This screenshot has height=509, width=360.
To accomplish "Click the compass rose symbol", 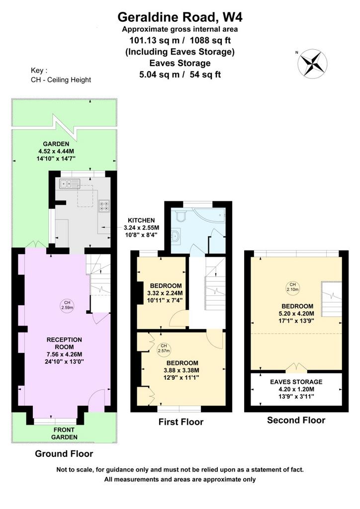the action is (312, 63).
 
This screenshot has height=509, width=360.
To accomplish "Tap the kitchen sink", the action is (70, 184).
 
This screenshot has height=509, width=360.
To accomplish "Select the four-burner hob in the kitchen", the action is (104, 205).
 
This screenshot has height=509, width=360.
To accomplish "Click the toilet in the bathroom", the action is (180, 215).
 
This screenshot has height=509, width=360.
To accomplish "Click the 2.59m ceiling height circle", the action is (67, 305).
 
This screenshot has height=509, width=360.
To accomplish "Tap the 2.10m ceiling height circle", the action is (292, 287).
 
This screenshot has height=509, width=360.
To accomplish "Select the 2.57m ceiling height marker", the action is (164, 348).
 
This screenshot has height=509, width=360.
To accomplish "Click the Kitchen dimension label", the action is (141, 227).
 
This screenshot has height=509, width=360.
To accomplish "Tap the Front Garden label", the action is (64, 433).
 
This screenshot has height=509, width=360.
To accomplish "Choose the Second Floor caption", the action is (296, 420).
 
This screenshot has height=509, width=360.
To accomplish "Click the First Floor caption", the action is (181, 422).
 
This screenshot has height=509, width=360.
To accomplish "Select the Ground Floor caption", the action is (64, 453).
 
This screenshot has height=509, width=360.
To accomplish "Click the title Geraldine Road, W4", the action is (180, 17).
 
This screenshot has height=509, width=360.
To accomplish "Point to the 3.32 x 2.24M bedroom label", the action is (166, 293).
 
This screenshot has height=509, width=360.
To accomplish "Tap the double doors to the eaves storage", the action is (296, 367).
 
